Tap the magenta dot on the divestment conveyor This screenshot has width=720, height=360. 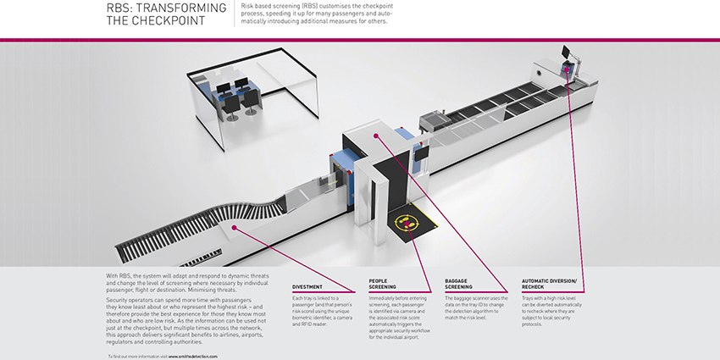pos(231,227)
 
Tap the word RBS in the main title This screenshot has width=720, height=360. pos(119,8)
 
